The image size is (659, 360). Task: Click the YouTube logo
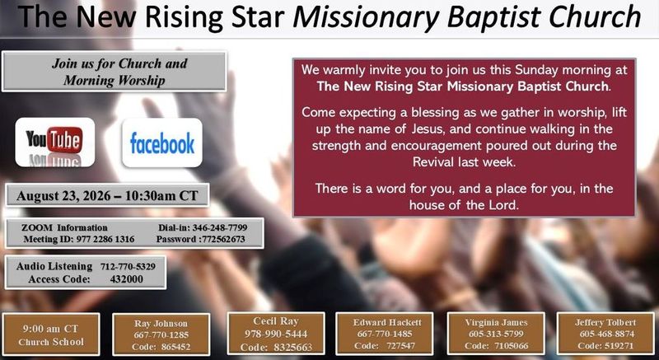coord(54,142)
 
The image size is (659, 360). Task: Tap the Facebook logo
coord(162,143)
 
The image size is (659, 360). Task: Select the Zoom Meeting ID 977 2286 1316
coord(105,240)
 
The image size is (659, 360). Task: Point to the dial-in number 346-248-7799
coord(220,227)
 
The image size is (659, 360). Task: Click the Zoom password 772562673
coord(223,240)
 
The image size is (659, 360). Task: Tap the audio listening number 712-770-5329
coord(128,266)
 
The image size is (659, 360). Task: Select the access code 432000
coord(127,279)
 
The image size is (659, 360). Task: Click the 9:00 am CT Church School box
coord(51,334)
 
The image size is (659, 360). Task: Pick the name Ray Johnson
coord(161,324)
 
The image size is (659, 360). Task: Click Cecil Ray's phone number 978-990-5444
coord(276,334)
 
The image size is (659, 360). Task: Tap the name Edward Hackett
coord(387,322)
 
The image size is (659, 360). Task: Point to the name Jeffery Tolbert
coord(605,322)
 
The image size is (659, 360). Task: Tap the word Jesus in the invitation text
coord(426,129)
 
